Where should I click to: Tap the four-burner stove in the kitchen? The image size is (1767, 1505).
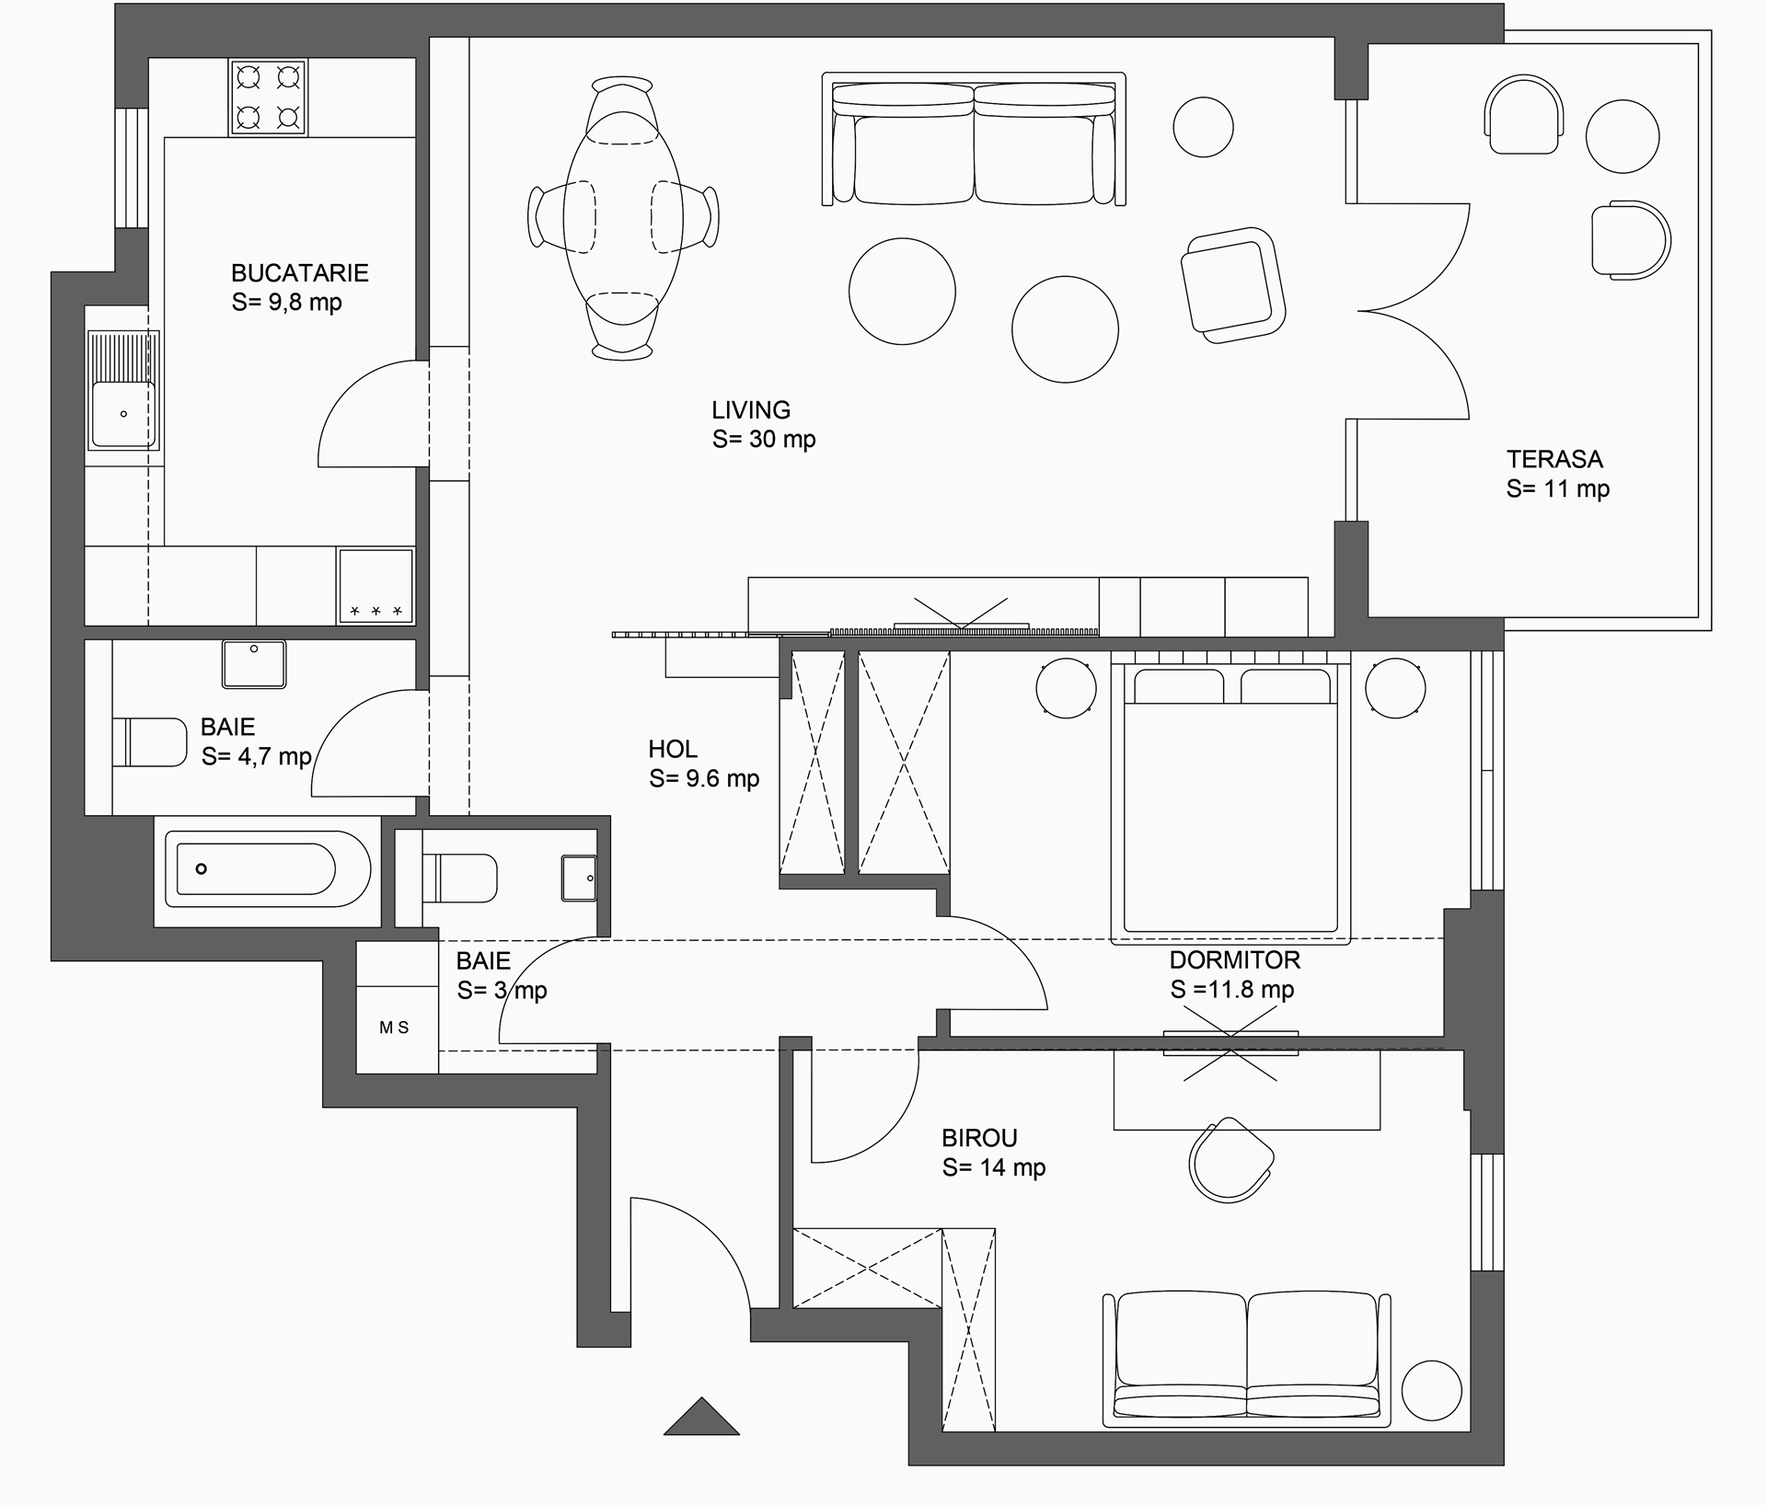269,97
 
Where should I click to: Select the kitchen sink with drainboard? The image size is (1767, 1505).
123,390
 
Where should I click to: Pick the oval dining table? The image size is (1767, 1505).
623,217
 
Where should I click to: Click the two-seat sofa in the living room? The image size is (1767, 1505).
974,139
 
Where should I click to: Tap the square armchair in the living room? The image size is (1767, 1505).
1233,285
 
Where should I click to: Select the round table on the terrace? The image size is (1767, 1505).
1623,136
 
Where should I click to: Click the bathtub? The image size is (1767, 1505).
268,868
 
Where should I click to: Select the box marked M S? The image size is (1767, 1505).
397,1028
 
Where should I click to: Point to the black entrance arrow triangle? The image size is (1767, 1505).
701,1418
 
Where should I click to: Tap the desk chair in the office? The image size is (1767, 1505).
1230,1160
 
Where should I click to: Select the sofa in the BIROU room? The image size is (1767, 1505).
1246,1360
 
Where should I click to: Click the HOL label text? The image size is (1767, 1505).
673,749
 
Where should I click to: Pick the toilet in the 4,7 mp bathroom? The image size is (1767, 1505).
150,741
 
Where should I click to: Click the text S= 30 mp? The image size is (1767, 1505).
764,439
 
